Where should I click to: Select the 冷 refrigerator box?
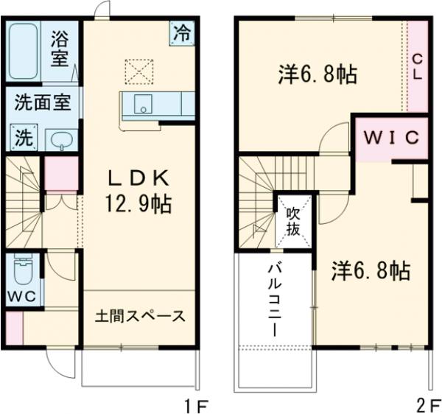[180, 32]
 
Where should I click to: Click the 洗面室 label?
[42, 103]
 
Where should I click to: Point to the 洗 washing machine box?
[24, 137]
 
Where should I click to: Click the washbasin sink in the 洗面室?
[60, 139]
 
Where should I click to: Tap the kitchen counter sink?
[142, 105]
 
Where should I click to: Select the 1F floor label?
[198, 404]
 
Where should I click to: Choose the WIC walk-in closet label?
[390, 137]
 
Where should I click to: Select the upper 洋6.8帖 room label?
[318, 74]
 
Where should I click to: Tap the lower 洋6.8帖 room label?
[369, 270]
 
